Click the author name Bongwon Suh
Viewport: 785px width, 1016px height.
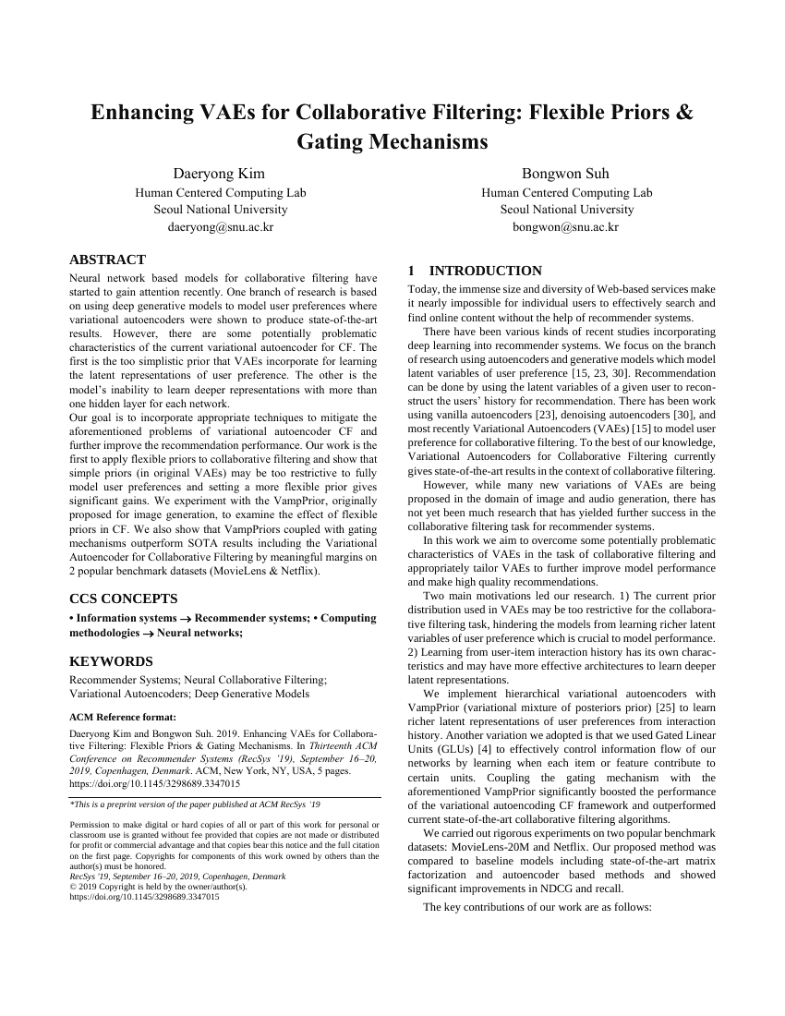tap(565, 174)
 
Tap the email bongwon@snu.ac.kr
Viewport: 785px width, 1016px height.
tap(565, 226)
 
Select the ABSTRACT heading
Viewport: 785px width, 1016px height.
tap(107, 260)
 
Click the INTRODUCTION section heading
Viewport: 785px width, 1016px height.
tap(486, 271)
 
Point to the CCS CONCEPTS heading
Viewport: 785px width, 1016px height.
tap(124, 599)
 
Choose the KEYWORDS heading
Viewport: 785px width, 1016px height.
tap(112, 661)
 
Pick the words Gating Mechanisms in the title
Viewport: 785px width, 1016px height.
tap(392, 142)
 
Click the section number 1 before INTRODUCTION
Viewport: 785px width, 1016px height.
tap(411, 271)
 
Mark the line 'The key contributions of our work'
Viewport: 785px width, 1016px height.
tap(537, 907)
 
